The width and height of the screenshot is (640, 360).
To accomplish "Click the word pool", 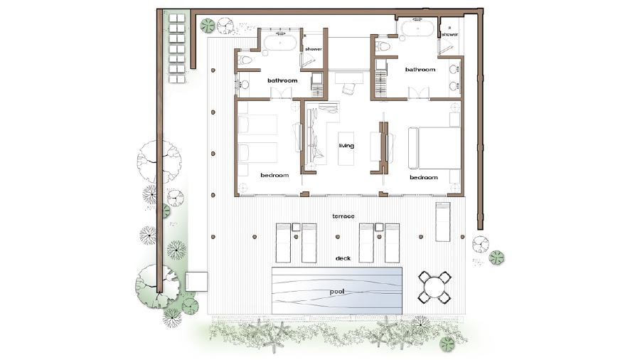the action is coord(337,292).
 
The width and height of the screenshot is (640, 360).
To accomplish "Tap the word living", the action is coord(346,146).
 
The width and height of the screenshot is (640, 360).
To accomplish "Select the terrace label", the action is coord(343,216).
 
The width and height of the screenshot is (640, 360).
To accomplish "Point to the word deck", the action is coord(343,258).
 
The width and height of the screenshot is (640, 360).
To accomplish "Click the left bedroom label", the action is coord(274,175).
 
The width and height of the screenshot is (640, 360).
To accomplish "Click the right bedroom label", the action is coord(424,177).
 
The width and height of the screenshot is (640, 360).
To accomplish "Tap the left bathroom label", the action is coord(282,80).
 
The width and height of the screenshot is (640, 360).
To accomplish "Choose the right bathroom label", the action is coord(420,70).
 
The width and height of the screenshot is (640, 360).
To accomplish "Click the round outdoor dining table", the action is coord(434,287).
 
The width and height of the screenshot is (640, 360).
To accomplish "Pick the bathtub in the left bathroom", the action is coord(280,43).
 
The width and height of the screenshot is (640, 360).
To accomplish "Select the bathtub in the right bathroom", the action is coord(418,29).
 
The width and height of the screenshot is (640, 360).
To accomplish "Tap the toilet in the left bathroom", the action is coord(246,61).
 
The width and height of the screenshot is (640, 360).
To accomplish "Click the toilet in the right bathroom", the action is coord(382,46).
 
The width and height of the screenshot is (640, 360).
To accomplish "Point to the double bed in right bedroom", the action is coord(434,148).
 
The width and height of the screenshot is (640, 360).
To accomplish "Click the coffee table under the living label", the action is coord(346,149).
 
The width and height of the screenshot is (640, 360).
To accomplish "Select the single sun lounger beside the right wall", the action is coord(443,222).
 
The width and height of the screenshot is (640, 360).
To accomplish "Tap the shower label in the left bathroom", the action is coord(314,49).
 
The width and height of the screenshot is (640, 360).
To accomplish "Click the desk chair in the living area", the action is coord(349,88).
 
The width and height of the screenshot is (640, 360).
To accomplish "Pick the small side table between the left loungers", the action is coord(296,228).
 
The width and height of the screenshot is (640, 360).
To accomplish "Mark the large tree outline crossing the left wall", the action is coord(159,162).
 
